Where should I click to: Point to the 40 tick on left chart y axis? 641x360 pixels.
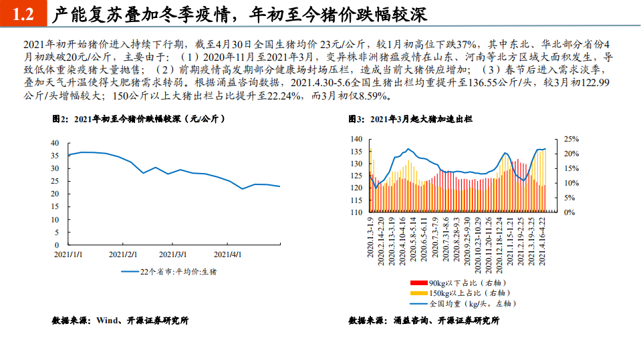[x=54, y=143]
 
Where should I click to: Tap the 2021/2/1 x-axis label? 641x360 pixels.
[x=122, y=254]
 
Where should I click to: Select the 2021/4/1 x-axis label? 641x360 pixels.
[x=227, y=254]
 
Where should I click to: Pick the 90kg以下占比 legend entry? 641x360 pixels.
[x=455, y=283]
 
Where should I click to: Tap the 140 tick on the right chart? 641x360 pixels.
[x=356, y=139]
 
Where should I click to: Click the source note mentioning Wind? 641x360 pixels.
[x=120, y=321]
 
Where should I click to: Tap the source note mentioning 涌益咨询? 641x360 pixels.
[x=424, y=321]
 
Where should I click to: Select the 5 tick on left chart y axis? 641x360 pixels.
[x=56, y=232]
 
